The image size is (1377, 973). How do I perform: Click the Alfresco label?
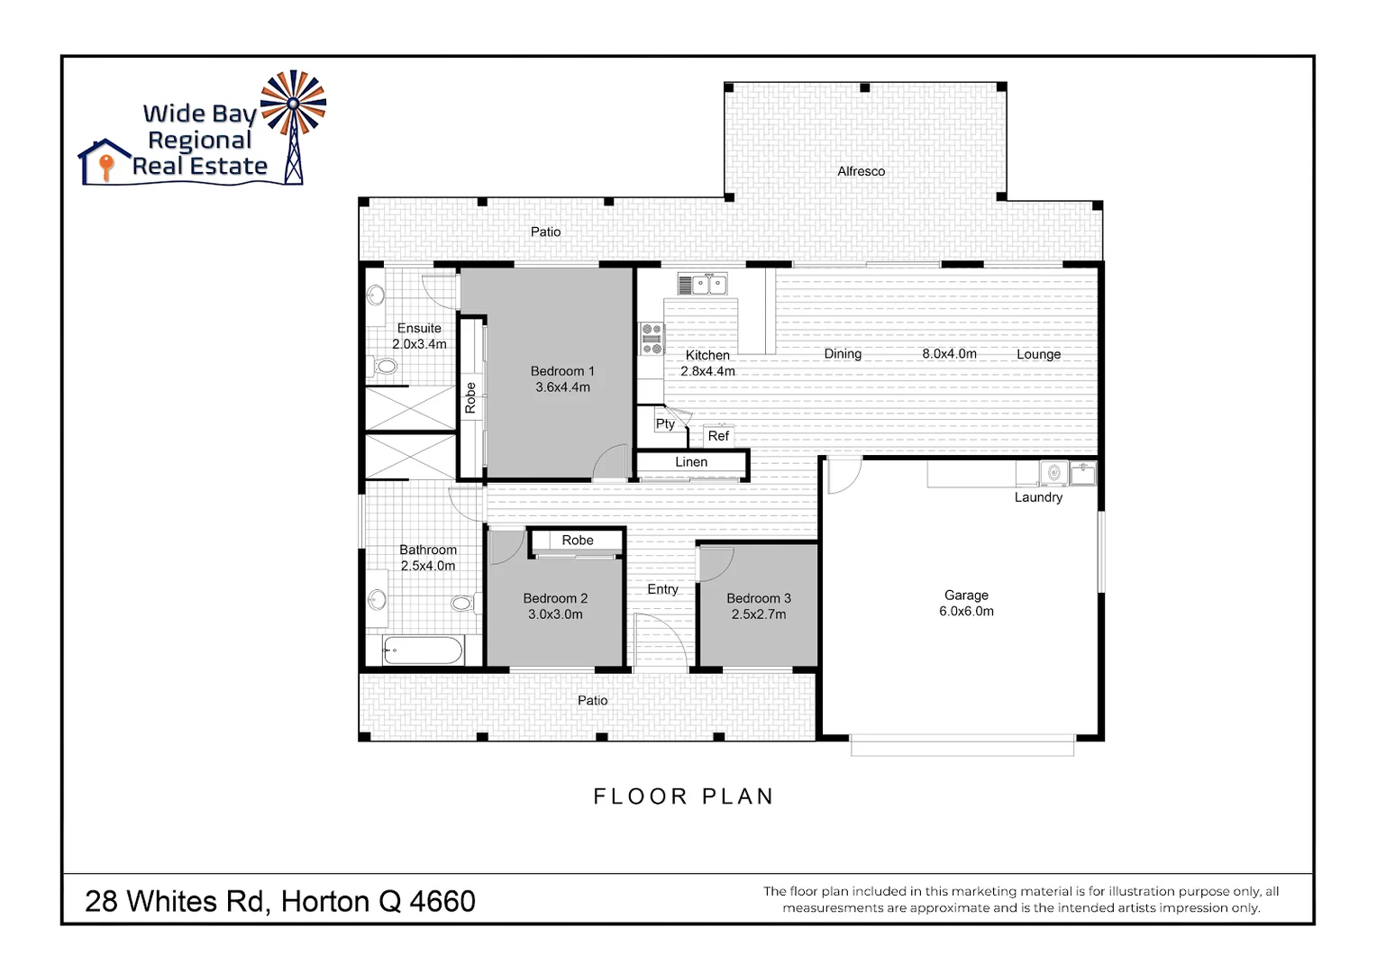click(861, 171)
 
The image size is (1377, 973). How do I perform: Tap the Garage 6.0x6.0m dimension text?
click(966, 611)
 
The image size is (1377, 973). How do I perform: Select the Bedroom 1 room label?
click(562, 371)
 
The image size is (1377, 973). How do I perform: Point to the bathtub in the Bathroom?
click(422, 650)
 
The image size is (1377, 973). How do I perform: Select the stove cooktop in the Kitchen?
click(652, 339)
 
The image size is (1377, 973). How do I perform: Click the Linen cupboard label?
click(691, 462)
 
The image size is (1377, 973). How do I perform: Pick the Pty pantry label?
click(665, 423)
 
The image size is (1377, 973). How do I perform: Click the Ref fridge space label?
click(718, 436)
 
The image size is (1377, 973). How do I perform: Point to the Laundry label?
click(1038, 497)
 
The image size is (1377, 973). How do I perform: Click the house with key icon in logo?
click(105, 162)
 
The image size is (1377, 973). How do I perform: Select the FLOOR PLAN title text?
click(683, 796)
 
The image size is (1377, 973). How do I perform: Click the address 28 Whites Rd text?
click(279, 901)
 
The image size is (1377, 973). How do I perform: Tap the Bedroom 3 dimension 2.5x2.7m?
click(759, 614)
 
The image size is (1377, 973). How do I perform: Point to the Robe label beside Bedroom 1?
click(470, 397)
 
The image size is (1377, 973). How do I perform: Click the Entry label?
click(662, 589)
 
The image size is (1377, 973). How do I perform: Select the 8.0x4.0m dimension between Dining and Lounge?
click(949, 354)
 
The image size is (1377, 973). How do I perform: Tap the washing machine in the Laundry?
click(1053, 472)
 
